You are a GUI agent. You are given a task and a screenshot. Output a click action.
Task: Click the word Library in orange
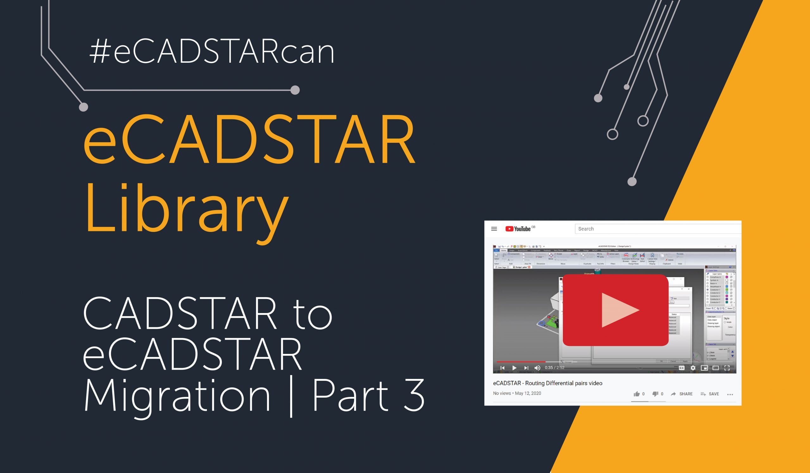coord(186,209)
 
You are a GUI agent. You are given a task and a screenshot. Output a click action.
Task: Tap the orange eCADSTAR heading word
coord(249,140)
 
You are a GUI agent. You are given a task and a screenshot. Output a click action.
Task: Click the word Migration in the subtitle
coord(177,396)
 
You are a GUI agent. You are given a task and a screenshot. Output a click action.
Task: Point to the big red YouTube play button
coord(615,310)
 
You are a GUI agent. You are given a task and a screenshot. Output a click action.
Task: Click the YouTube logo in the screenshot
coord(518,229)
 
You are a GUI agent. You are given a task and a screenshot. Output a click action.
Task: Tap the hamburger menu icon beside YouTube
coord(494,229)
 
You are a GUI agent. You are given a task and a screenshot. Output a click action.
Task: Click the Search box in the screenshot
coord(656,229)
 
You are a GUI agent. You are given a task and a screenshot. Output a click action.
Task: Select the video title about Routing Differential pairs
coord(547,383)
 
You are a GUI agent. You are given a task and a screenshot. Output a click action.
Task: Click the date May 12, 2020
coord(528,393)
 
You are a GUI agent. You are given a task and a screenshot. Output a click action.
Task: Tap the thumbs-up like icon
coord(636,394)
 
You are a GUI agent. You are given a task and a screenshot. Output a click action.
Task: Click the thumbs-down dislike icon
coord(655,394)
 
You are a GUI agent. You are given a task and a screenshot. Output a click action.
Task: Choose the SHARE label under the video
coord(686,394)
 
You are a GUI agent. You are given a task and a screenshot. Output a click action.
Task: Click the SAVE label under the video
coord(713,394)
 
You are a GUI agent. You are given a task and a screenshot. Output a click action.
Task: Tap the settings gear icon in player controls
coord(693,368)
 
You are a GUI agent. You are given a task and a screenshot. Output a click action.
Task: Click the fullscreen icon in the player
coord(727,368)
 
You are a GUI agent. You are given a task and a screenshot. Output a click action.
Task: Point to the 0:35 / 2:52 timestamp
coord(554,368)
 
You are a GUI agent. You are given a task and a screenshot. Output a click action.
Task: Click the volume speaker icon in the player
coord(537,368)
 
